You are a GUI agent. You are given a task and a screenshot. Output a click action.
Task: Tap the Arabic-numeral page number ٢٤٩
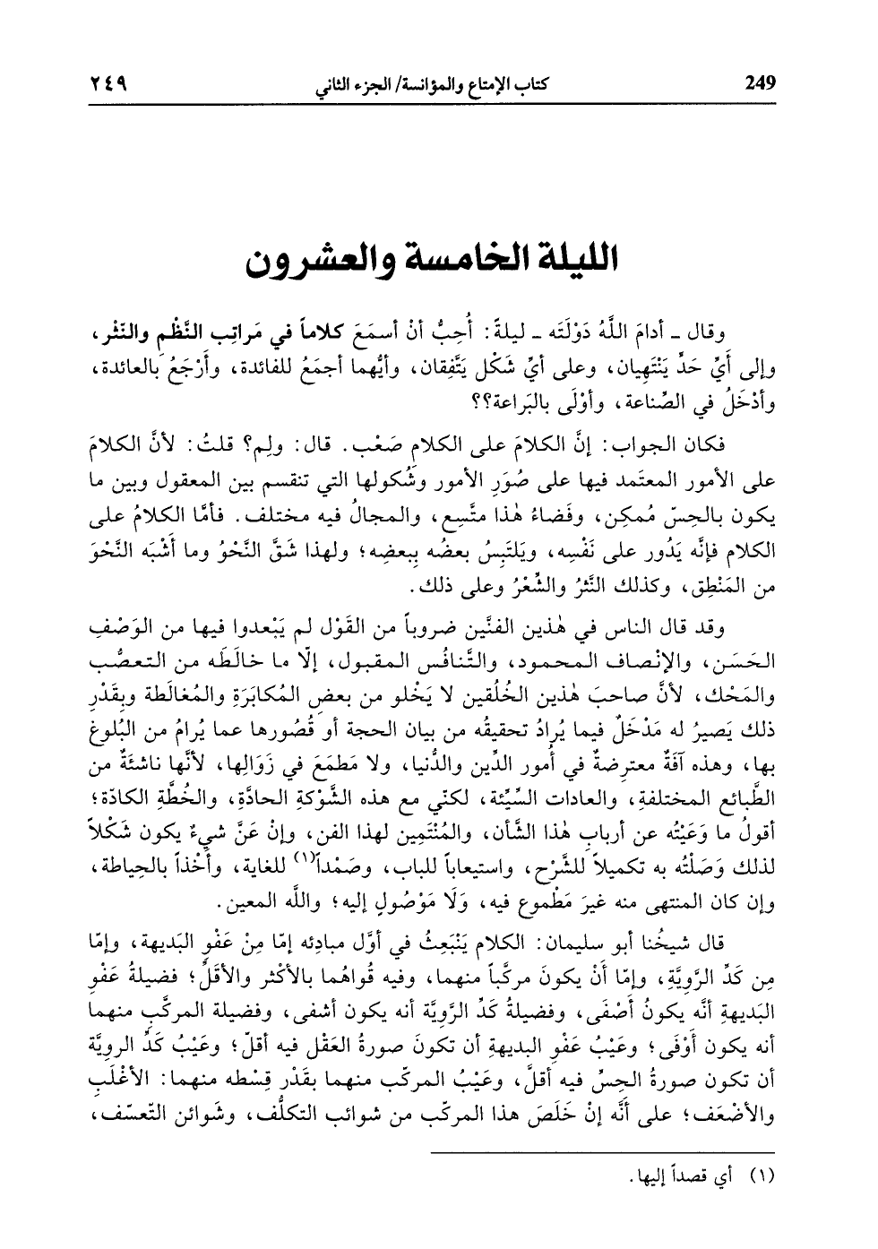108,84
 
